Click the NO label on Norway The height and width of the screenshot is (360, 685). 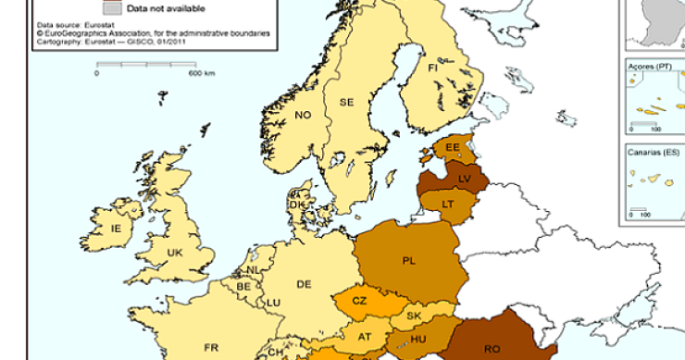point(303,115)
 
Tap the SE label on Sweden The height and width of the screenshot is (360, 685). point(347,102)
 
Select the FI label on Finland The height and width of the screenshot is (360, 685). point(432,68)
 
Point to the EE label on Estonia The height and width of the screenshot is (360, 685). point(452,148)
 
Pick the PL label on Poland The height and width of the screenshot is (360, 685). point(408,260)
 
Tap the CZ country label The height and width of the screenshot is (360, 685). point(360,300)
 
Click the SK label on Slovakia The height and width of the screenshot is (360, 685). point(414,317)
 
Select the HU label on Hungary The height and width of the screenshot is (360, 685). point(417,339)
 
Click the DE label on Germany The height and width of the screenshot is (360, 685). point(303,285)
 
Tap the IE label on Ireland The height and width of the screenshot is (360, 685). point(116,228)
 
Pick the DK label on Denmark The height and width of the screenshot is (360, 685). point(295,205)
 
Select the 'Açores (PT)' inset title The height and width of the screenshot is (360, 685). point(649,68)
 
